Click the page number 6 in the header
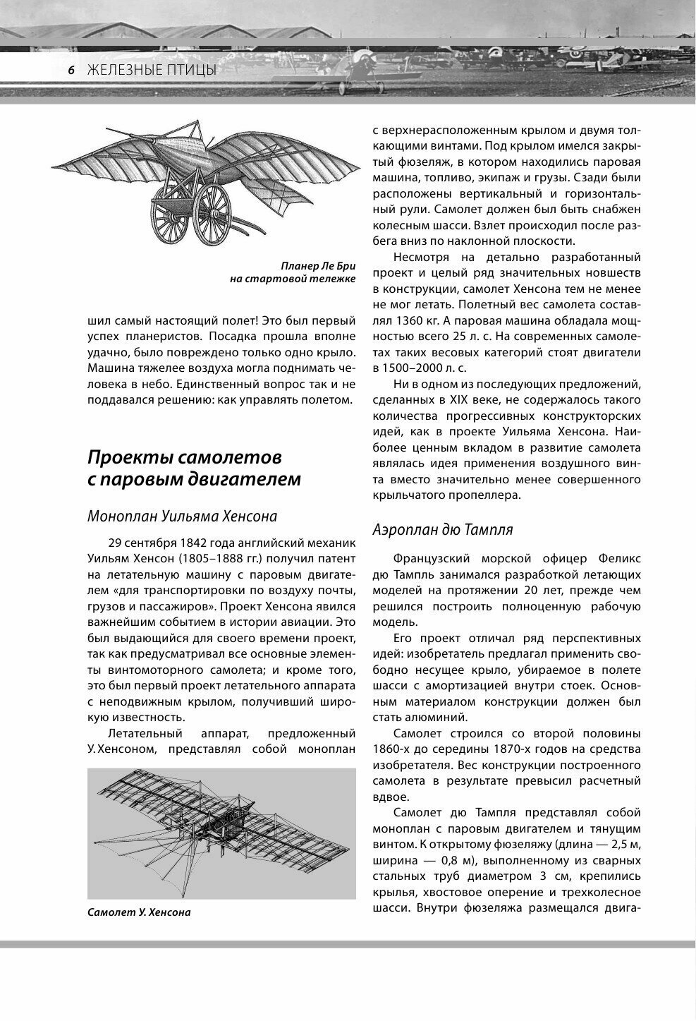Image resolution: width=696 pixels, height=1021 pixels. pos(71,70)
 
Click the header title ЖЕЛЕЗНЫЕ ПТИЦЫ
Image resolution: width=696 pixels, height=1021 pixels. pos(151,70)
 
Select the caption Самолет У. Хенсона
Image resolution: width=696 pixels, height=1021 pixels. pos(139,912)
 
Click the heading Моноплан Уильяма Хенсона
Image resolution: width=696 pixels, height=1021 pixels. pos(182,516)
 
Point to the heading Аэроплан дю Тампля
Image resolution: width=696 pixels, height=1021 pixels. pos(442,529)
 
